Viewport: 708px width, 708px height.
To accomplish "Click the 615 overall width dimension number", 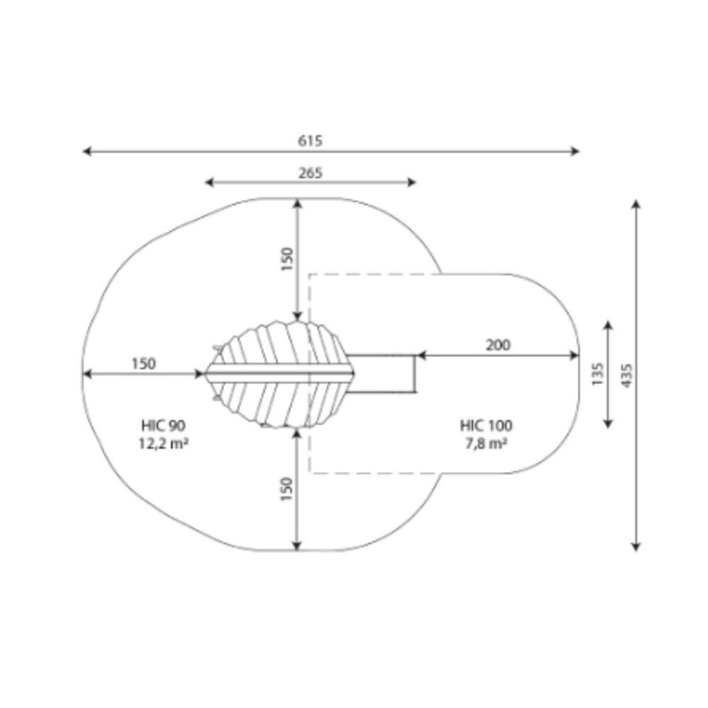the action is pos(310,141).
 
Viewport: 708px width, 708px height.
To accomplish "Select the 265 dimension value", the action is pos(310,173).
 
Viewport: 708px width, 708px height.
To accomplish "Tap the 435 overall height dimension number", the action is pos(627,375).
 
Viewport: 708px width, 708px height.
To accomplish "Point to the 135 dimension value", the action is pos(597,374).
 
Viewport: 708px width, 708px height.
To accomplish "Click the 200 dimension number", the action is pos(498,345).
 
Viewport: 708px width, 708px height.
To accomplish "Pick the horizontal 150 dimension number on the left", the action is pos(144,364).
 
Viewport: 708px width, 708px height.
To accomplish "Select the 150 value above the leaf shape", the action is pos(286,259).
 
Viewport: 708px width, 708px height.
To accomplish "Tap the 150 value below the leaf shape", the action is pos(286,489).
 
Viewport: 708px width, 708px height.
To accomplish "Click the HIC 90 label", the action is pos(163,426).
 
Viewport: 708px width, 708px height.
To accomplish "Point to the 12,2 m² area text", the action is pos(163,444).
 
